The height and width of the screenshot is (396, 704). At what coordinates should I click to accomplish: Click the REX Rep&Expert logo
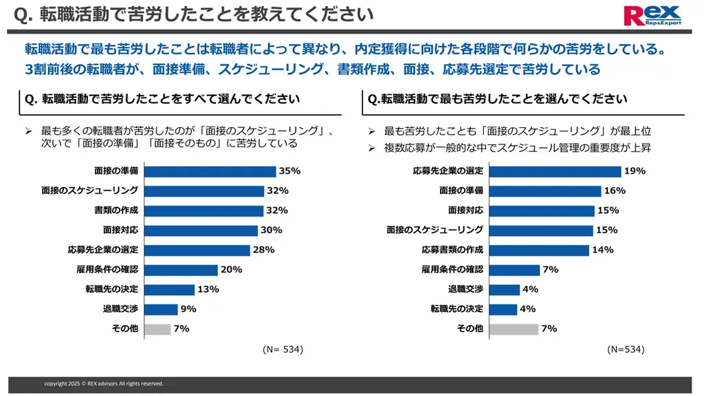pyautogui.click(x=651, y=15)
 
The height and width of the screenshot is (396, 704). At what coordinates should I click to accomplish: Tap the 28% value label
pyautogui.click(x=263, y=250)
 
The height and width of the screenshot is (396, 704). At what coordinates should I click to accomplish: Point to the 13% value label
pyautogui.click(x=208, y=289)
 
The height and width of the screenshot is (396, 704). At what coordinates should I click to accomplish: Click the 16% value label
pyautogui.click(x=614, y=190)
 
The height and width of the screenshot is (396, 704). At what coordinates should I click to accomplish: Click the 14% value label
pyautogui.click(x=602, y=250)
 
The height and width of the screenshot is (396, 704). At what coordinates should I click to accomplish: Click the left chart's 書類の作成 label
pyautogui.click(x=116, y=210)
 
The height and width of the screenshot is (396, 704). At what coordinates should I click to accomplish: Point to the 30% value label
pyautogui.click(x=271, y=230)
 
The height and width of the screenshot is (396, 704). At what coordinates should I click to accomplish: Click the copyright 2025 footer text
pyautogui.click(x=104, y=384)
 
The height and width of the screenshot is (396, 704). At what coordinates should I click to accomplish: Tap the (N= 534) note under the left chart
pyautogui.click(x=283, y=349)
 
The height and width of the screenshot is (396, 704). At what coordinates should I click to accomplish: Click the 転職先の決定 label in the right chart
pyautogui.click(x=456, y=309)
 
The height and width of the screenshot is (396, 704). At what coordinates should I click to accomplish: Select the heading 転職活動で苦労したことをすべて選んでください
pyautogui.click(x=162, y=99)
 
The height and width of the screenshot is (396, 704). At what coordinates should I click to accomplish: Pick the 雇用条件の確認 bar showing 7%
pyautogui.click(x=508, y=269)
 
